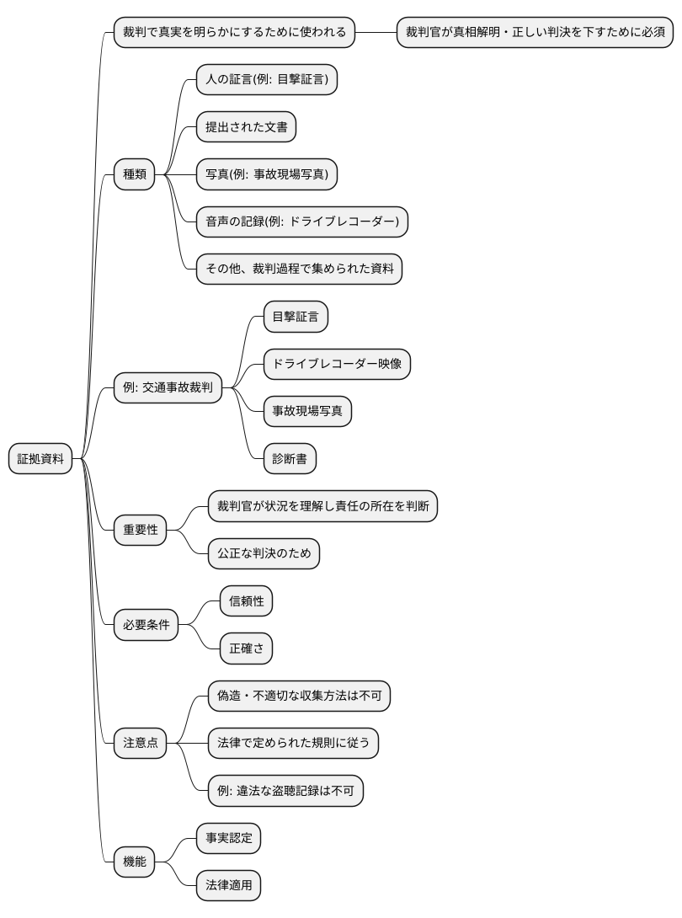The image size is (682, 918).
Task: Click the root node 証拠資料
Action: pos(41,459)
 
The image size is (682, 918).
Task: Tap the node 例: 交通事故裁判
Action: pos(168,388)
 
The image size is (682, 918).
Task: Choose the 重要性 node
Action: pos(141,530)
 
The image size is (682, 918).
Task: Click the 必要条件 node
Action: pos(147,625)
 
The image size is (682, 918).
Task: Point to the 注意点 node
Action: pos(141,743)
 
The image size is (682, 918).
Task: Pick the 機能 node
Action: pos(135,862)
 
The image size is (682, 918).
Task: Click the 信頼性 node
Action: pos(247,601)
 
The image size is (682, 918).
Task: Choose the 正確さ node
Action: pos(247,648)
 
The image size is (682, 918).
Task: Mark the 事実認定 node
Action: pos(228,838)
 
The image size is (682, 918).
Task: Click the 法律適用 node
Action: pos(228,885)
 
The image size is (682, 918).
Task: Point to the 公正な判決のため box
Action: pos(264,553)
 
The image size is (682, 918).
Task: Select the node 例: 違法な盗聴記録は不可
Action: pos(285,791)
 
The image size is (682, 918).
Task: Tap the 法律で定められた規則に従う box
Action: pos(293,743)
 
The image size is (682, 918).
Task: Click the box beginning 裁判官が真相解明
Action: pos(535,34)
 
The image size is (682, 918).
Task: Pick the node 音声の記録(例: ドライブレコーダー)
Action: pos(301,222)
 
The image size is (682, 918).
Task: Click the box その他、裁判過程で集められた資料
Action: pos(299,270)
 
